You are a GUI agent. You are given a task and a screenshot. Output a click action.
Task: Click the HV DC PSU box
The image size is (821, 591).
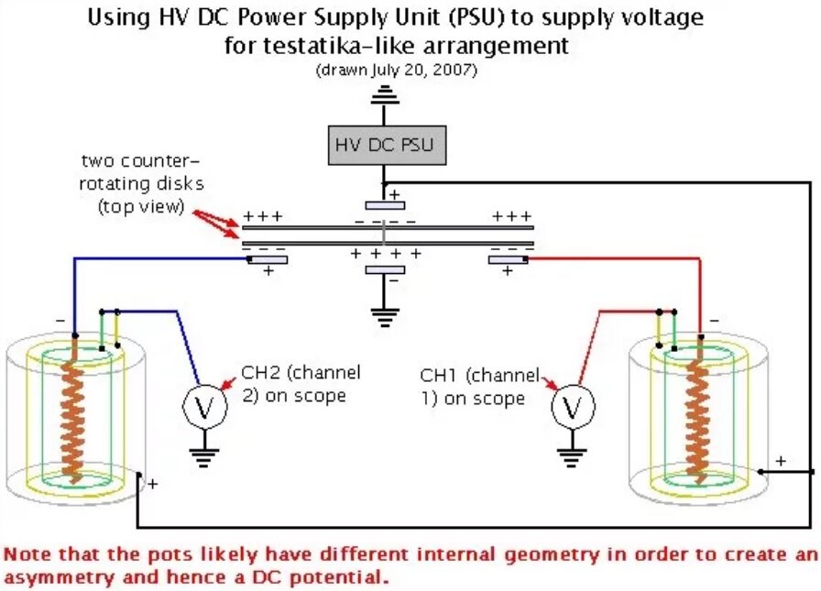(383, 144)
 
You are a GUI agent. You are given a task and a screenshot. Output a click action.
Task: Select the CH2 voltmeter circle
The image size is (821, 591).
(200, 405)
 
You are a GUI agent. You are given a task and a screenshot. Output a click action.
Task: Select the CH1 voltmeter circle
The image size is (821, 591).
(572, 404)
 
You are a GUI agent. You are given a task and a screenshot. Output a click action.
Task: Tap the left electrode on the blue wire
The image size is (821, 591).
(267, 259)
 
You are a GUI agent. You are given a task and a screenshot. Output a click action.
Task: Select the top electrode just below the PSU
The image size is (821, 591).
(385, 204)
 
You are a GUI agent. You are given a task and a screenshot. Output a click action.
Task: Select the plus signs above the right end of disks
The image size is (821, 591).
(511, 217)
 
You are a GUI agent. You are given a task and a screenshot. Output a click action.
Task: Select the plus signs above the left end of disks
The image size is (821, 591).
(262, 217)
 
